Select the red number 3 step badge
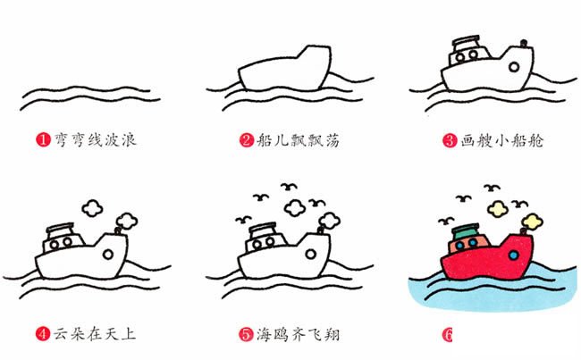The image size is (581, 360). coord(450,140)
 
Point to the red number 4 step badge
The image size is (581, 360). coord(43,335)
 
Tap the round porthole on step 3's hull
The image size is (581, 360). coord(517,66)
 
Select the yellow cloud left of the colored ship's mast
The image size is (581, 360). coord(499,209)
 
